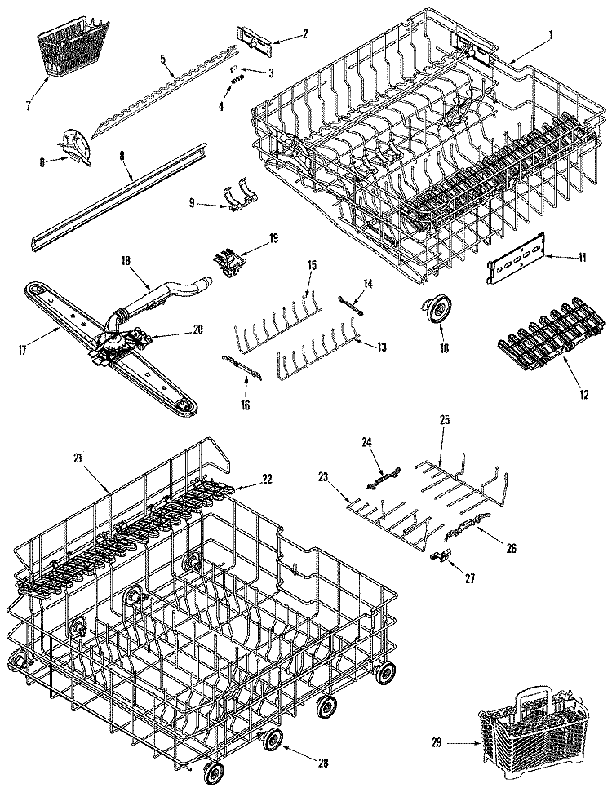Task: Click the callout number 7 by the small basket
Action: coord(29,105)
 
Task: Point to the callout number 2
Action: coord(304,33)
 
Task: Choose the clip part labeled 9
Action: coord(239,199)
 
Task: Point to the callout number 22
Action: coord(267,478)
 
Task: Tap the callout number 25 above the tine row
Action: coord(444,419)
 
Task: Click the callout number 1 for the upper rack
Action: coord(550,35)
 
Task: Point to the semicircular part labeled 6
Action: coord(77,145)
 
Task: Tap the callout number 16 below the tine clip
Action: coord(245,405)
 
